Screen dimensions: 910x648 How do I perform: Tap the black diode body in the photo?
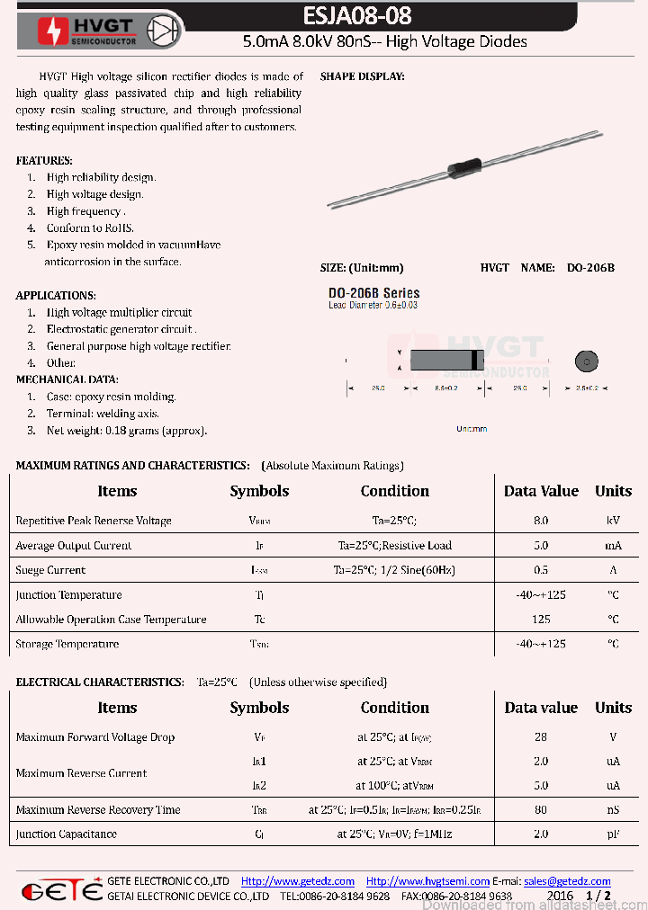point(464,167)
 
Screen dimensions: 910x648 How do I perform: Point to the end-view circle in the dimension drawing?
point(587,361)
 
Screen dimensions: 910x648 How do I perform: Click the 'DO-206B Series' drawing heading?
point(373,293)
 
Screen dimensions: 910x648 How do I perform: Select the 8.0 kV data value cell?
point(541,521)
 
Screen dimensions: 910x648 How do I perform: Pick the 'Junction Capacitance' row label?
point(66,834)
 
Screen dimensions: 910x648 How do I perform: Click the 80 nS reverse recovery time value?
point(541,809)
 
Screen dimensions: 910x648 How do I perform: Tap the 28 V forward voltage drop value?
point(541,737)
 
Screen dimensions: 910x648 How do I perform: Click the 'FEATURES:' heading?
point(44,160)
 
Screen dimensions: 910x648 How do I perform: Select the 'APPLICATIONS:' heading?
point(56,295)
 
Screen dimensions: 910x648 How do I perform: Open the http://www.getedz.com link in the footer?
point(298,881)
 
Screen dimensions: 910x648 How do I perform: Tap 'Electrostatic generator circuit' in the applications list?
point(121,329)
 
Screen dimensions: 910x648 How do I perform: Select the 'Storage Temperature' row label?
point(67,644)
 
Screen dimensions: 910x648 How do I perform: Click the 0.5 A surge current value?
point(541,570)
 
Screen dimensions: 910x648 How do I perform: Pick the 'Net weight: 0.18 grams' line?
point(127,431)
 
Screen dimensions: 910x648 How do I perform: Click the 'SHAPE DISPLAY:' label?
point(362,77)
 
